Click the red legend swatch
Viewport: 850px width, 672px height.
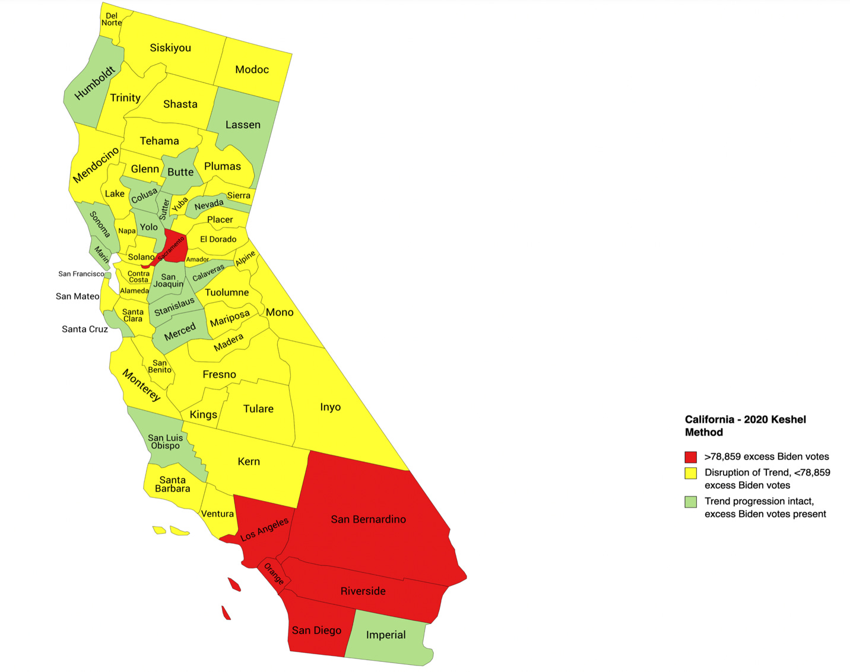click(690, 457)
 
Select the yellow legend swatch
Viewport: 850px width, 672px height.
click(690, 473)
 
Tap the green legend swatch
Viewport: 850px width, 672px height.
click(690, 502)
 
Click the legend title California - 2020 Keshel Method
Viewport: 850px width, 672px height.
click(745, 426)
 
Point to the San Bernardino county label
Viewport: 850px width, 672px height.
click(368, 519)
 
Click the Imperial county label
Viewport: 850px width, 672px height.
click(386, 635)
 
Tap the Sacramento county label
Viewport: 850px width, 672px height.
click(172, 249)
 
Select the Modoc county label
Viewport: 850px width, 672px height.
click(252, 70)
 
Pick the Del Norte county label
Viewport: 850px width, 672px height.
click(111, 20)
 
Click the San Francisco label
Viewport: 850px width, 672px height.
click(81, 274)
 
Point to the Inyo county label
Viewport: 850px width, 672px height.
click(330, 407)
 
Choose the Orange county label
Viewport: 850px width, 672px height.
click(274, 574)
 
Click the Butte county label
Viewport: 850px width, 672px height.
click(180, 172)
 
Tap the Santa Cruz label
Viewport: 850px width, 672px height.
click(85, 329)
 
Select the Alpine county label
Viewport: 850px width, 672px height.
click(245, 258)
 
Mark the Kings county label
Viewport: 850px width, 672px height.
click(203, 415)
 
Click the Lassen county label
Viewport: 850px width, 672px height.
click(243, 125)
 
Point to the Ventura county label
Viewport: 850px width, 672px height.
click(217, 514)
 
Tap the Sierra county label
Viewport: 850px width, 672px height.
click(239, 195)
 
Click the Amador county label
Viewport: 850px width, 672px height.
click(197, 259)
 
